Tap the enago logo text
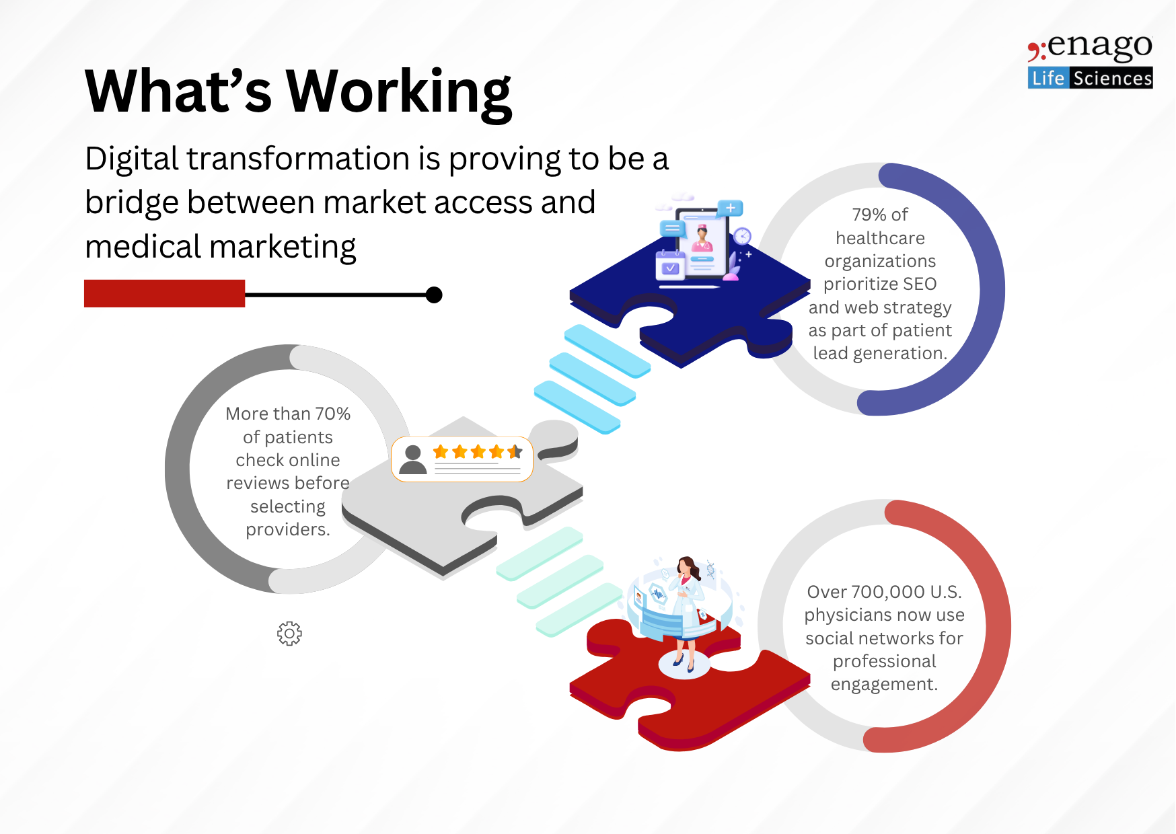pos(1091,47)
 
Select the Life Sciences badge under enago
pos(1090,78)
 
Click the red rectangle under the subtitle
pos(164,293)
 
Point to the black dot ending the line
pos(434,295)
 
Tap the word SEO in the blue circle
pos(920,284)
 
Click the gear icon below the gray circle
pos(289,633)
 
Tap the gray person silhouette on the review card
pos(412,459)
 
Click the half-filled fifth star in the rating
pos(515,451)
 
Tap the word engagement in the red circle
pos(884,685)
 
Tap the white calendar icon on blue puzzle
pos(670,265)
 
